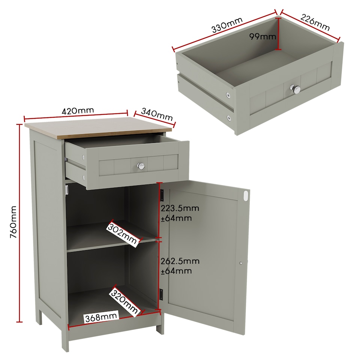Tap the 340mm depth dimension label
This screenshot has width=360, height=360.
(157, 115)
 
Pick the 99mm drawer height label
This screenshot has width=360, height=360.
(263, 36)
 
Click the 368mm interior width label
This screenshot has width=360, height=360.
(100, 317)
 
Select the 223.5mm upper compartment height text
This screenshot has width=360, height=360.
(180, 208)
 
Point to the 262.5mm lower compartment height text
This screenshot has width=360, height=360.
(180, 261)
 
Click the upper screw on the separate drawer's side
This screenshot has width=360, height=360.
(228, 95)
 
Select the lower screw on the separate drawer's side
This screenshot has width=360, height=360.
(229, 118)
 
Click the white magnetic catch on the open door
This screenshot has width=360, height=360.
(246, 195)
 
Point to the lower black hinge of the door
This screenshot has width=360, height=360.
(162, 294)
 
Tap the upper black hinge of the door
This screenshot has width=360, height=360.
(162, 195)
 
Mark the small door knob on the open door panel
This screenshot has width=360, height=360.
(241, 263)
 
